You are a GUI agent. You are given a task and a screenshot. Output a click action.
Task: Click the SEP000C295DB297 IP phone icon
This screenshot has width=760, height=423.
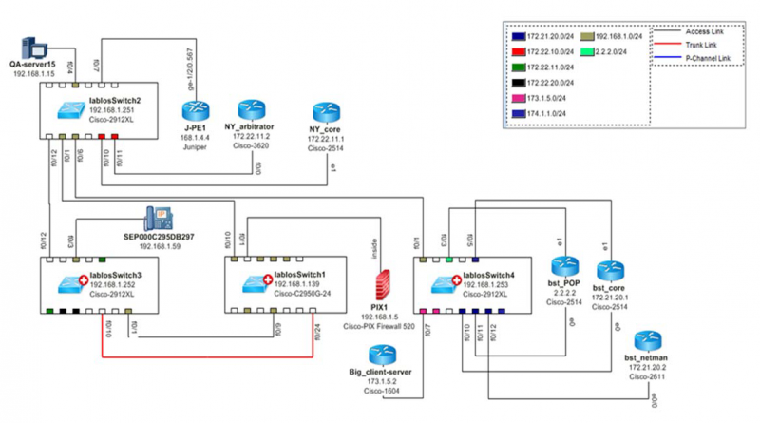(157, 219)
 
